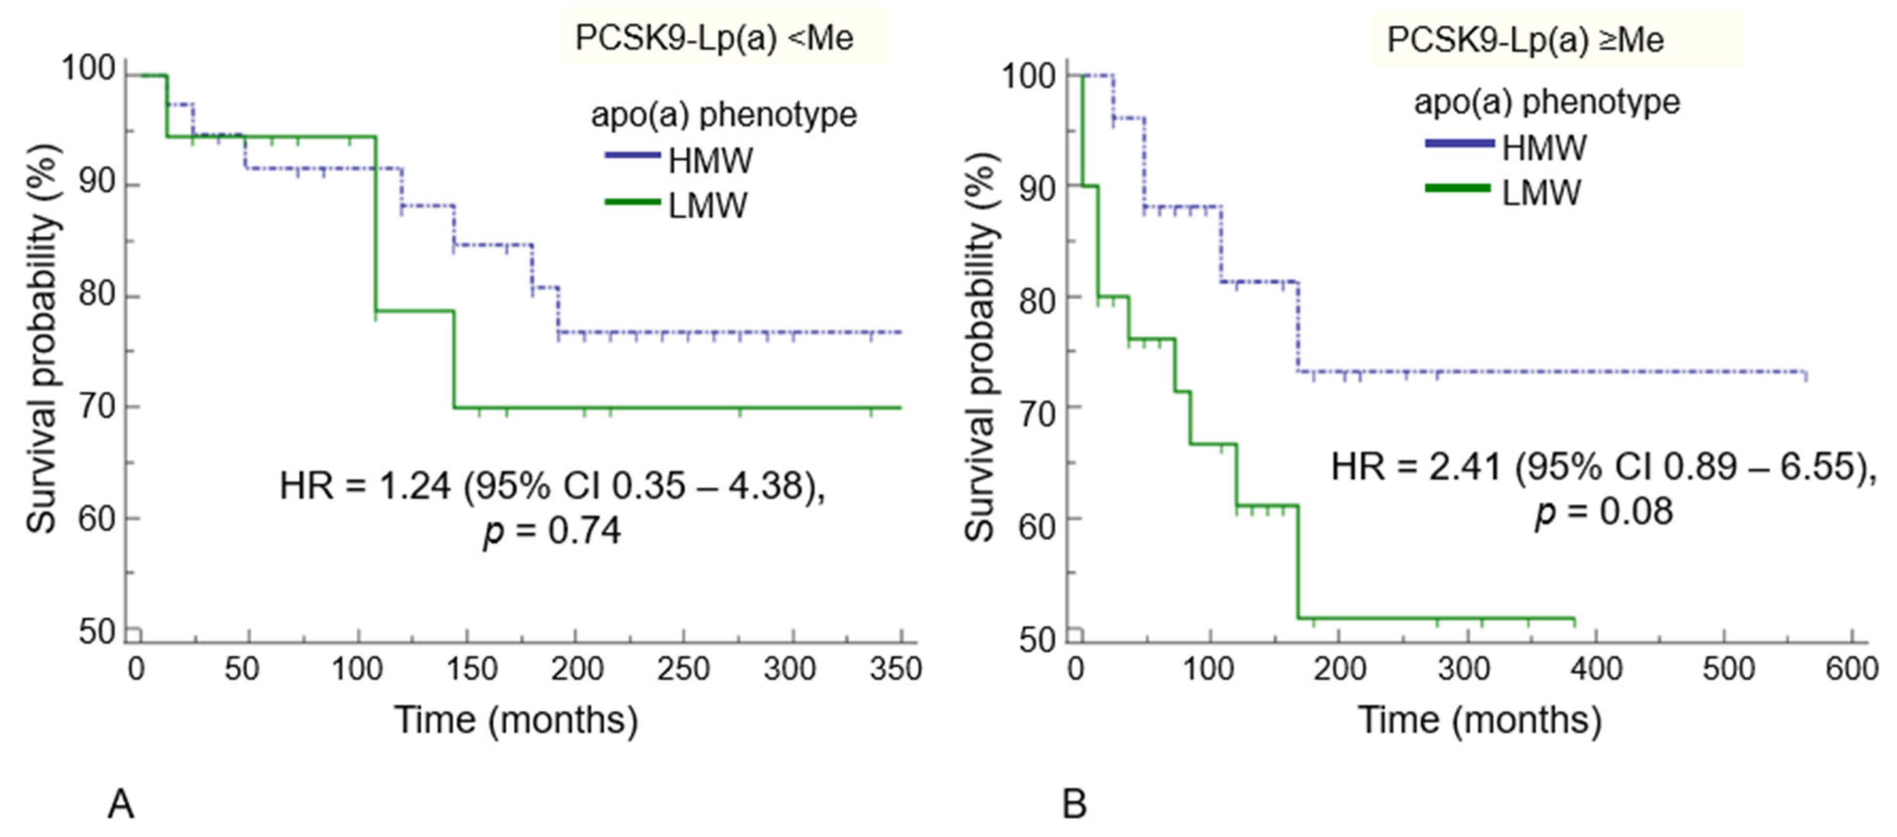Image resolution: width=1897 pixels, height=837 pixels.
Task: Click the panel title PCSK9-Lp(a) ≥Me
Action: pos(1525,39)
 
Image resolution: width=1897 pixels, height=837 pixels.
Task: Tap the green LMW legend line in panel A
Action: pos(632,201)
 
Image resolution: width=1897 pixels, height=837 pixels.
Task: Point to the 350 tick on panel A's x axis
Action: pos(895,669)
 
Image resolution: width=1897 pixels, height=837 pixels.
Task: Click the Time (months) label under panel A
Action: pos(516,719)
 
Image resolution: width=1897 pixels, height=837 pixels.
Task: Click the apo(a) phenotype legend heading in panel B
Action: pos(1546,102)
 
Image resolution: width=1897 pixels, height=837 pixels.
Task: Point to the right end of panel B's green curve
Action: pos(1574,619)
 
